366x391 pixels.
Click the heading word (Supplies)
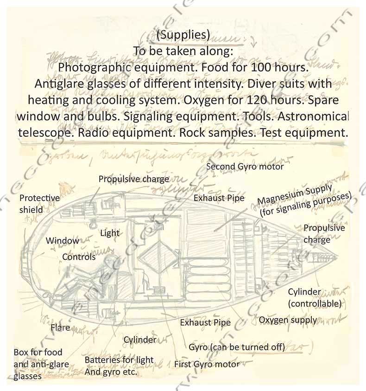183,34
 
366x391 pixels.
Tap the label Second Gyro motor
245,166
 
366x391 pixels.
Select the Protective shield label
39,204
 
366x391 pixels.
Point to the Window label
62,241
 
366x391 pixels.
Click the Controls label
79,256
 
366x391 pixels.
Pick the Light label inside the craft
110,233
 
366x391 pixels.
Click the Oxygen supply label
288,320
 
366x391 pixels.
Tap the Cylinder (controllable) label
315,298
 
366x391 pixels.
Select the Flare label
60,327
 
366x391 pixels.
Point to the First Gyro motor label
207,364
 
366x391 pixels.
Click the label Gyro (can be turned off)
237,347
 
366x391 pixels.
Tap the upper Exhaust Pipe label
219,198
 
